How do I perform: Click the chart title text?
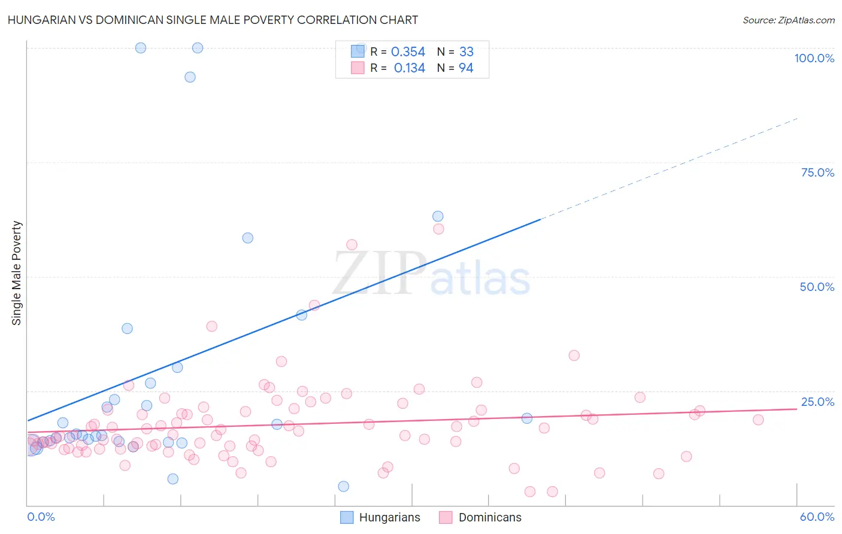point(213,20)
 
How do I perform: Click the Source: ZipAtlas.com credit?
point(788,20)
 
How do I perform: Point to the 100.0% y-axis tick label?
point(814,58)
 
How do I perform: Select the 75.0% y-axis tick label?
point(817,172)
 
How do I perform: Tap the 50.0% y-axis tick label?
point(817,287)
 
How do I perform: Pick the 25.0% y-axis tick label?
point(817,402)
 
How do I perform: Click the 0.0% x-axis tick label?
point(41,517)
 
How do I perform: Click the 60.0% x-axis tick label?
point(817,517)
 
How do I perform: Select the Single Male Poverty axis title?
point(17,273)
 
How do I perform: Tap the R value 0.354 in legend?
point(408,52)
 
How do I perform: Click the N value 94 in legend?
point(466,68)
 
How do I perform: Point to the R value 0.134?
point(409,68)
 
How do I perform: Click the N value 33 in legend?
point(466,52)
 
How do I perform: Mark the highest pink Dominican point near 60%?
point(438,229)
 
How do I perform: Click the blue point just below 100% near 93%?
point(190,77)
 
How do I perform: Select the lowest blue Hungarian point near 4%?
point(344,486)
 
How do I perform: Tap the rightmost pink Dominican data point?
point(758,420)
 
